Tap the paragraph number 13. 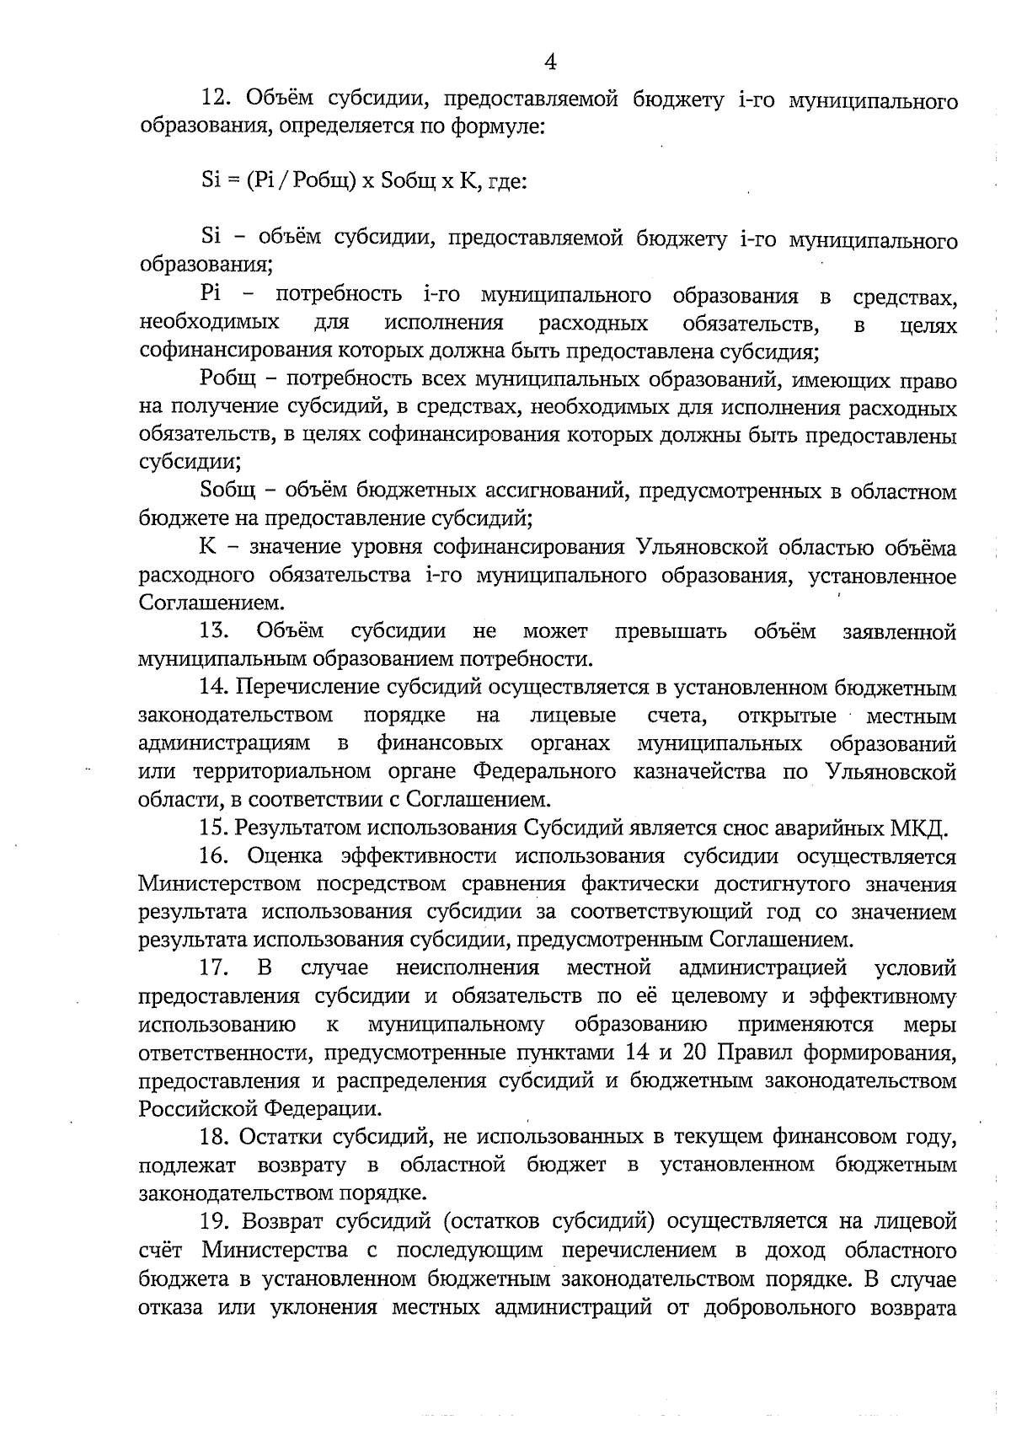217,631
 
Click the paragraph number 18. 217,1137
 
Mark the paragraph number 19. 217,1220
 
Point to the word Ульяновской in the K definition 711,548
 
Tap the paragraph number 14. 217,688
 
